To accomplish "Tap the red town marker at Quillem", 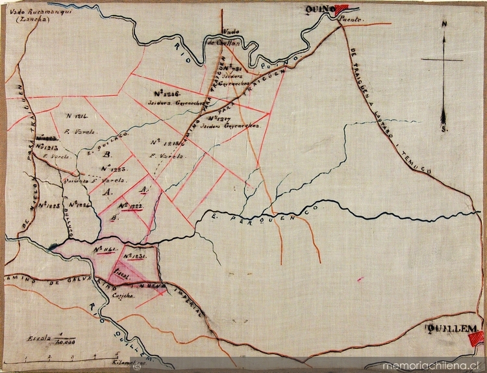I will point(477,337).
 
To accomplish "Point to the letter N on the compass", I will point(444,25).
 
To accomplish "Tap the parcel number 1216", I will point(167,93).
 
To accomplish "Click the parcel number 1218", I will point(164,142).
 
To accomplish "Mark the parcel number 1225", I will point(49,205).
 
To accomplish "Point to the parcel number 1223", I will point(114,168).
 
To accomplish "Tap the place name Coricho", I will point(123,296).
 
